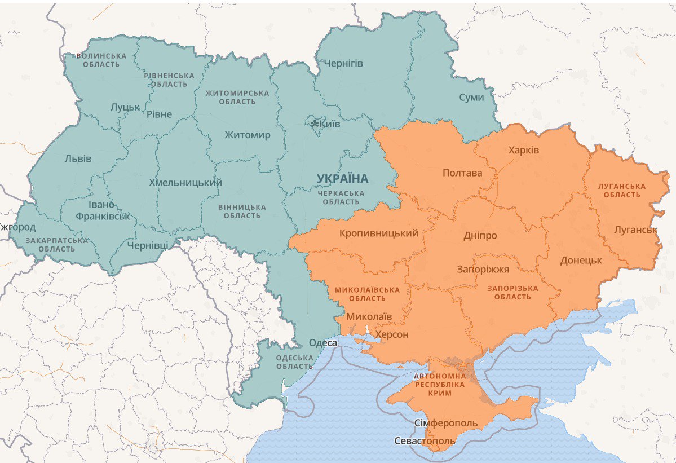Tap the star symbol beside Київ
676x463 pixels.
coord(315,124)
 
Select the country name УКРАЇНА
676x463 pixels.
coord(342,179)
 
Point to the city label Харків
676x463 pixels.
coord(523,151)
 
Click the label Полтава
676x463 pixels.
coord(462,173)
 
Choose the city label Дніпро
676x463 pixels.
coord(480,235)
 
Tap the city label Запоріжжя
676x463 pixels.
coord(483,269)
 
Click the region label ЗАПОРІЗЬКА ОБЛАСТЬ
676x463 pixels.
coord(512,293)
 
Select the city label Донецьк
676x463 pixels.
coord(581,261)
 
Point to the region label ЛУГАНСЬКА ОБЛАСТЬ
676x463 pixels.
coord(622,191)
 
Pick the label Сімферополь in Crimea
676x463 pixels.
coord(445,423)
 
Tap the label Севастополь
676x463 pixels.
coord(424,440)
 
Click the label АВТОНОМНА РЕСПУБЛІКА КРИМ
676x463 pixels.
coord(440,385)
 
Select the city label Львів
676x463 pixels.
coord(78,158)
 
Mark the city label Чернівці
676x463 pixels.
coord(147,246)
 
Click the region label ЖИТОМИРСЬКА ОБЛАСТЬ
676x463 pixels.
coord(237,97)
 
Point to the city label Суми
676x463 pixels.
coord(471,98)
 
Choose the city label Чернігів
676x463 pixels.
coord(343,63)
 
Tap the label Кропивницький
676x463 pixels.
coord(379,233)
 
